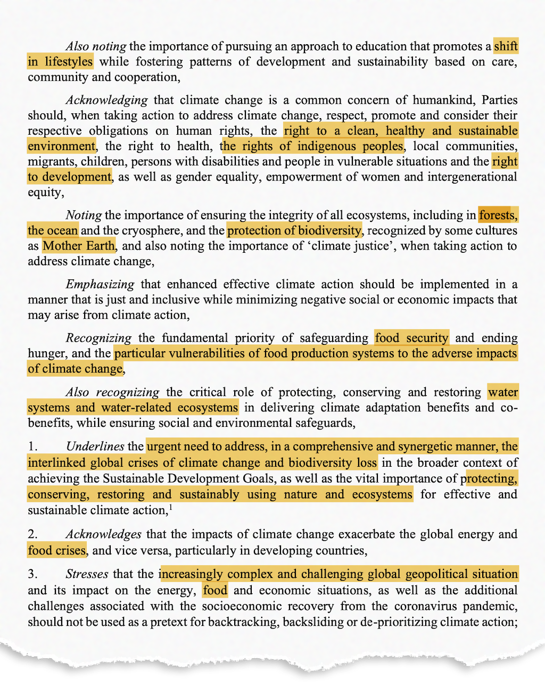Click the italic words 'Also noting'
pyautogui.click(x=96, y=46)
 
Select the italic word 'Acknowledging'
pyautogui.click(x=106, y=100)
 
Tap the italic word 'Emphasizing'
pyautogui.click(x=100, y=284)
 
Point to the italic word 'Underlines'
pyautogui.click(x=95, y=447)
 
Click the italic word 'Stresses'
pyautogui.click(x=87, y=574)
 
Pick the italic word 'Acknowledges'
pyautogui.click(x=104, y=534)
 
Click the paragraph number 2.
pyautogui.click(x=32, y=534)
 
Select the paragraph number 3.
pyautogui.click(x=32, y=574)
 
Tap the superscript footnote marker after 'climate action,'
pyautogui.click(x=170, y=507)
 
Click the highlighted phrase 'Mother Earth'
pyautogui.click(x=79, y=246)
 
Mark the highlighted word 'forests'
pyautogui.click(x=497, y=215)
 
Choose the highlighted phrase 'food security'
pyautogui.click(x=411, y=338)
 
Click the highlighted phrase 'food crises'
pyautogui.click(x=57, y=550)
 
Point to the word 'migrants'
pyautogui.click(x=50, y=162)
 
